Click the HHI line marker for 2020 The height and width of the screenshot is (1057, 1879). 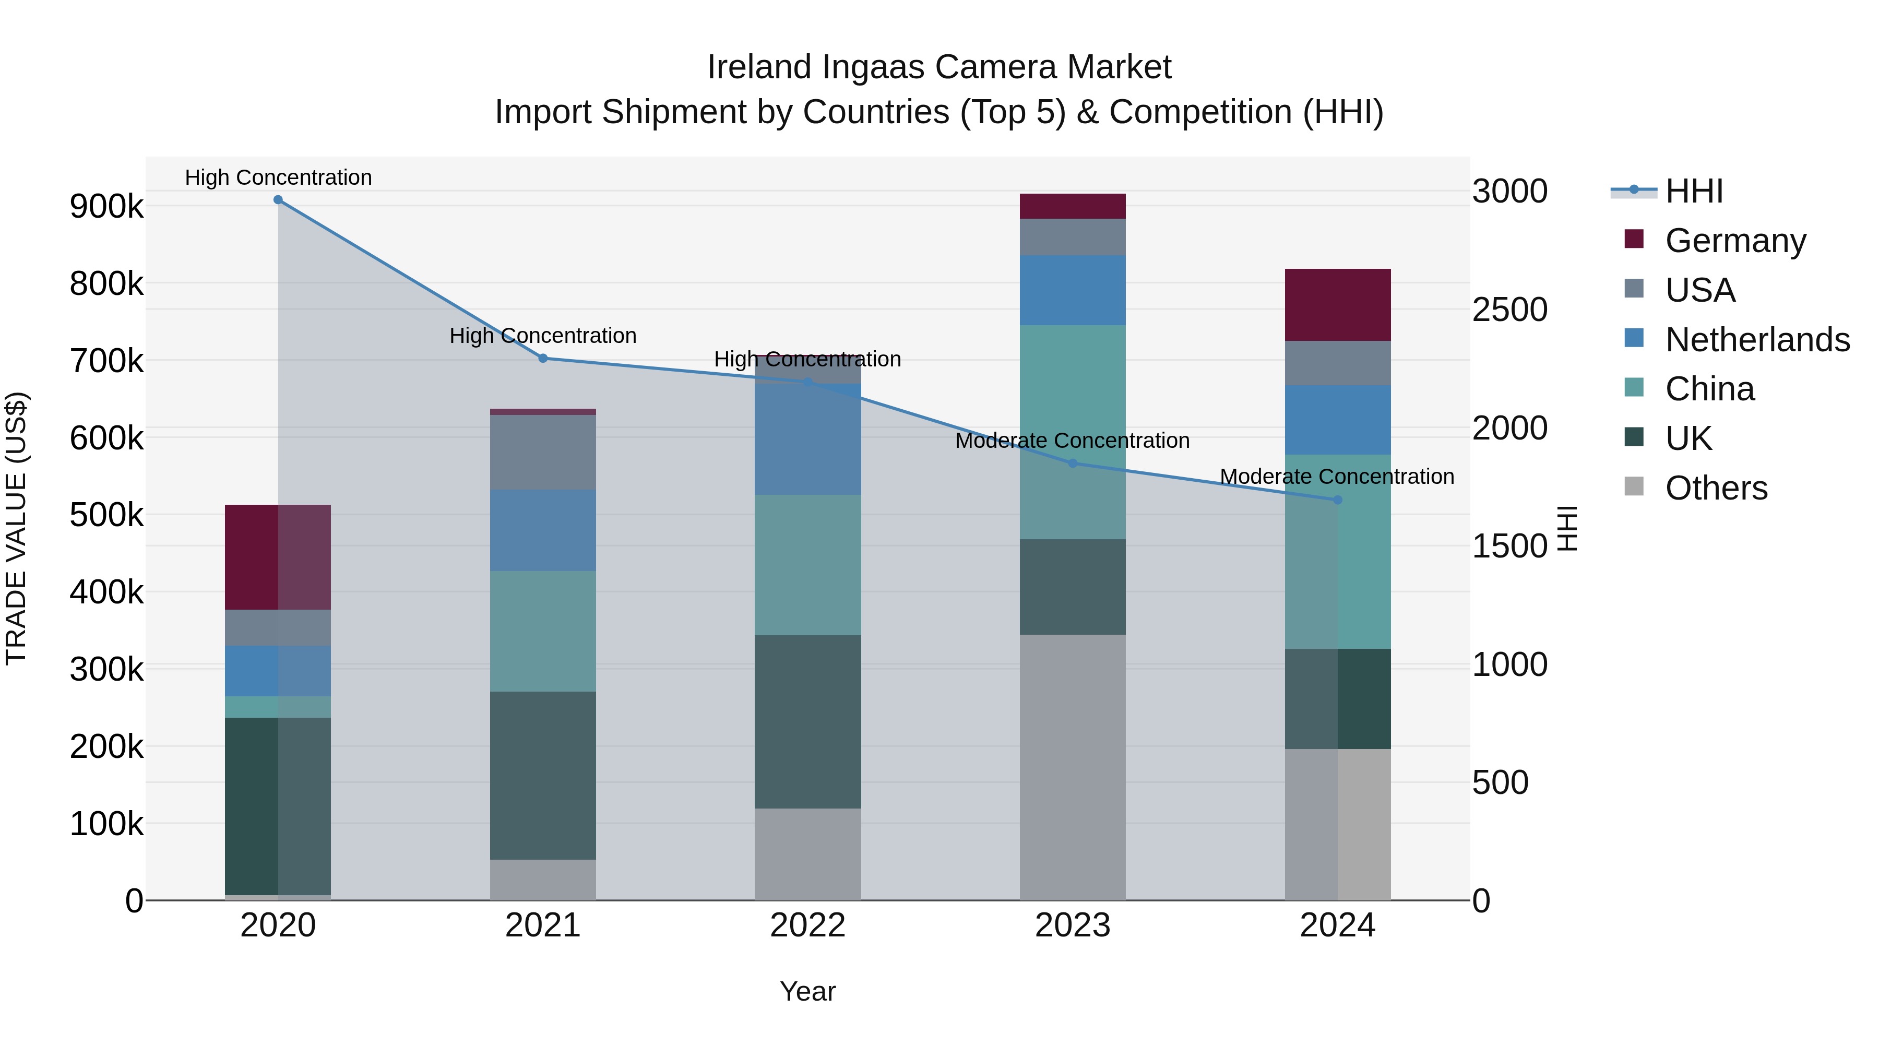[x=278, y=200]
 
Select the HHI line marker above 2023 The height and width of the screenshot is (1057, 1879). [x=1072, y=463]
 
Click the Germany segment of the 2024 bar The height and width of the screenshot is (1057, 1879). [x=1337, y=305]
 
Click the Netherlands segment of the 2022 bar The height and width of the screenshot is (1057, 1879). [x=807, y=439]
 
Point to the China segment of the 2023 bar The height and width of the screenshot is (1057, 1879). [x=1072, y=432]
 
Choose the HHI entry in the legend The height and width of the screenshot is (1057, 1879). [x=1694, y=191]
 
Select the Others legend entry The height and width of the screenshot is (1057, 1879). [x=1716, y=488]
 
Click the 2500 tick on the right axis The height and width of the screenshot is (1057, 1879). [x=1509, y=310]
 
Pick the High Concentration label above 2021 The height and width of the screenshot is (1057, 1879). [x=543, y=336]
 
